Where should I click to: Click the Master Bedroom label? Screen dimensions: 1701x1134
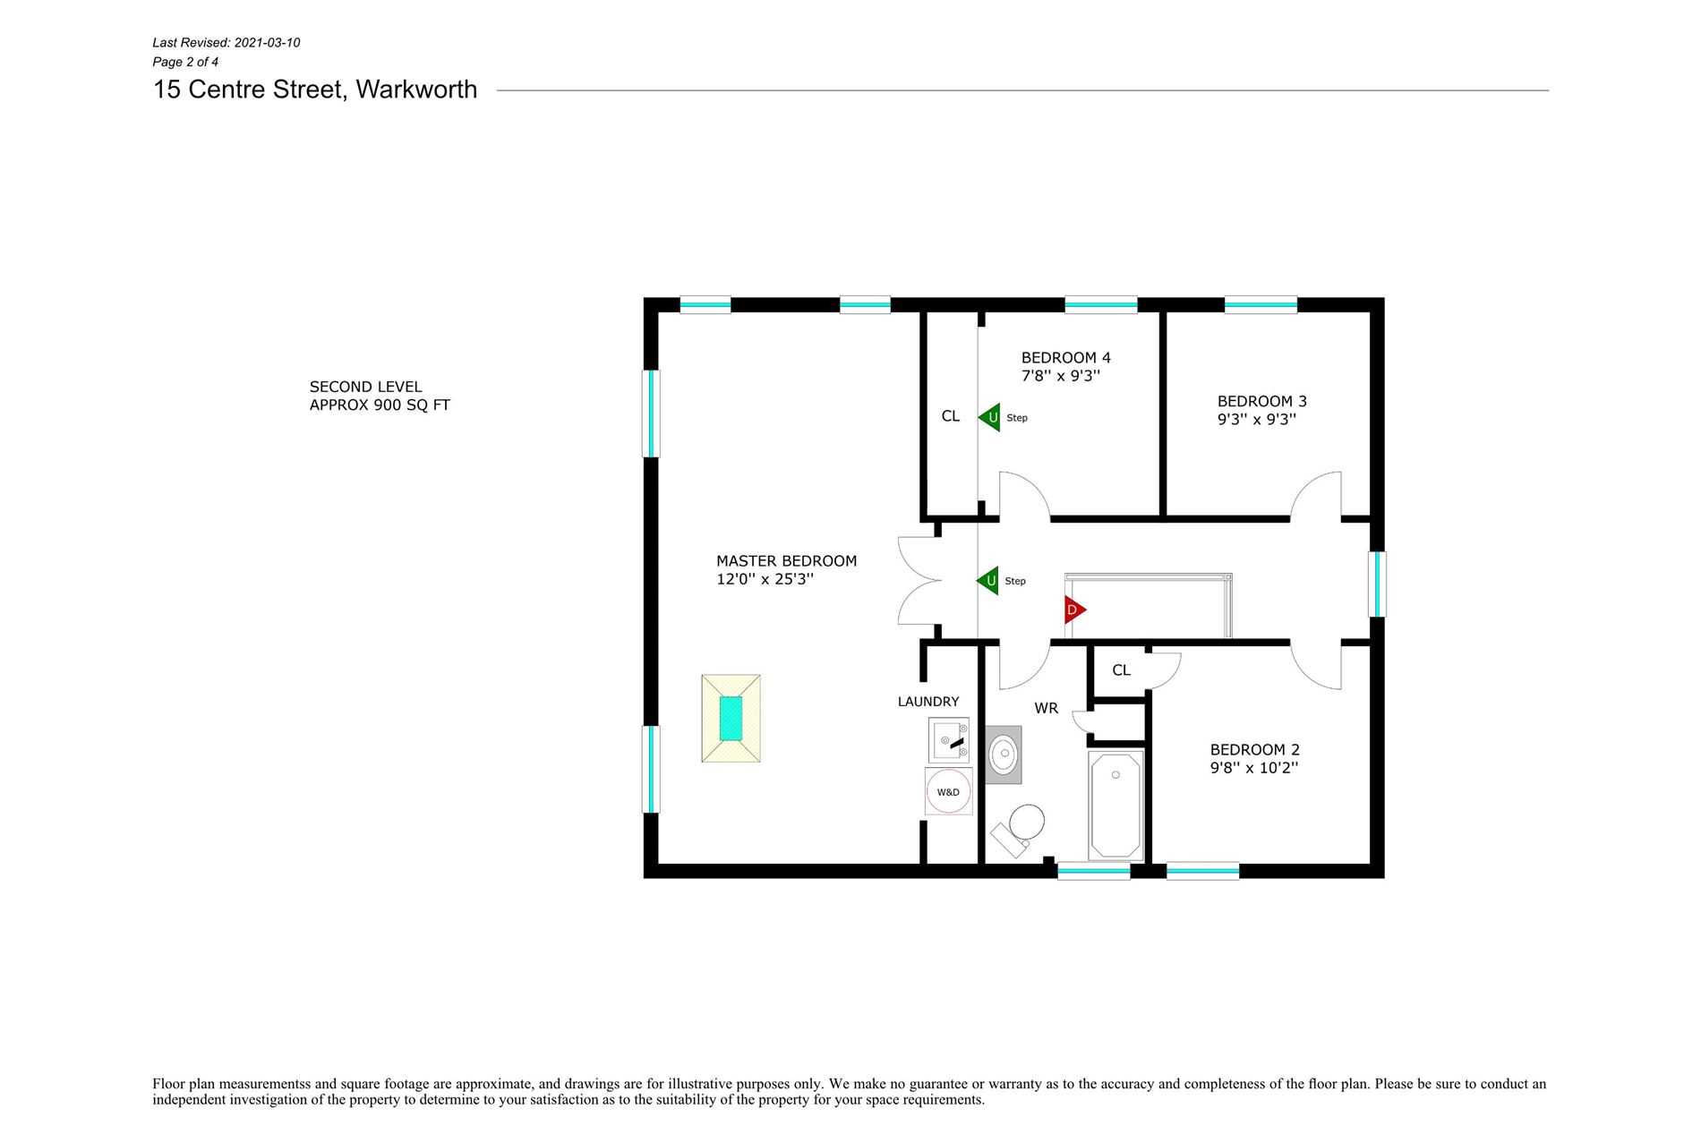[786, 561]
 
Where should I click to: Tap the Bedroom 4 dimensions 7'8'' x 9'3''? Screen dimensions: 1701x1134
[1060, 376]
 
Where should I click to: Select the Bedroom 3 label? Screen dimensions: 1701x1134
[1261, 401]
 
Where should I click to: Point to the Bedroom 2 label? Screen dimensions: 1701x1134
[1254, 750]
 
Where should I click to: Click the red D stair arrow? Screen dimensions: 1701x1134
[1074, 610]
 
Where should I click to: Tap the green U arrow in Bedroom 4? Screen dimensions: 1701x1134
[989, 417]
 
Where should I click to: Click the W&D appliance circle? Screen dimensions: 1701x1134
[948, 791]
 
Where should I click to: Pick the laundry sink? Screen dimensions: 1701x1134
[949, 740]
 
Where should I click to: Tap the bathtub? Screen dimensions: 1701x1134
[1115, 806]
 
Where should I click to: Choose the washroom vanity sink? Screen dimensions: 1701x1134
[1004, 755]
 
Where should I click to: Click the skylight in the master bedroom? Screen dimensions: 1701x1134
[731, 719]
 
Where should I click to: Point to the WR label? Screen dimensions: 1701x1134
[1046, 708]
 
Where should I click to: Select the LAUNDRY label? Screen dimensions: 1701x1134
[928, 702]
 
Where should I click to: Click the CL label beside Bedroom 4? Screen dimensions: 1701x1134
[950, 416]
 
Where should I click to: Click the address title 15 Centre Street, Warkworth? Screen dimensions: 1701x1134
[315, 90]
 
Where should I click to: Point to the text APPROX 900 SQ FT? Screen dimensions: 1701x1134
[380, 405]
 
